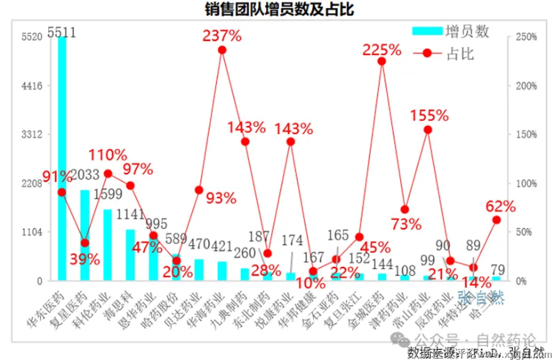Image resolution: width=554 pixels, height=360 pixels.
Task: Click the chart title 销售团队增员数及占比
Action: (x=277, y=10)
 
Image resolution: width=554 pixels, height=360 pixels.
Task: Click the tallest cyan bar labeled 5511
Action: (x=62, y=158)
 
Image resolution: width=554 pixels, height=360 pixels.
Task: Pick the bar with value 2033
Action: (x=85, y=235)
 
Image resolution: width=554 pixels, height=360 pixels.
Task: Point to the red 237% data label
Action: (x=222, y=35)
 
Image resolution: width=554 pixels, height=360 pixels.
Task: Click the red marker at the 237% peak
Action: (x=222, y=50)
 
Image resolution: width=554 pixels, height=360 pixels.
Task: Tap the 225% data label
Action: (x=382, y=50)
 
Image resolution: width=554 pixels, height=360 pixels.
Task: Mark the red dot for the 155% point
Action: (x=428, y=130)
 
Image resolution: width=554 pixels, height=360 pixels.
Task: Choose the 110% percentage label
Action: (x=108, y=155)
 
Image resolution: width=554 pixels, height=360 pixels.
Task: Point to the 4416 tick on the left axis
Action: (x=32, y=86)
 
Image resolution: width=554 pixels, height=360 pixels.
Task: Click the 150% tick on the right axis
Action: (x=526, y=134)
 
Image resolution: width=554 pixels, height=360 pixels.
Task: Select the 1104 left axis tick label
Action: (x=32, y=232)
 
